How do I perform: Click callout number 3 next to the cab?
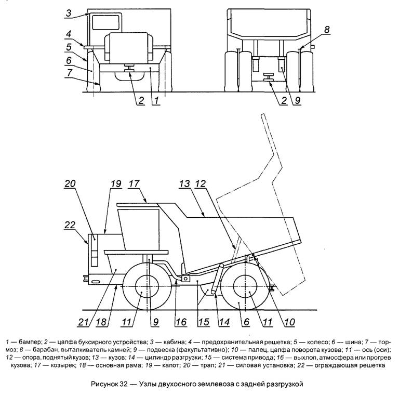pyautogui.click(x=68, y=14)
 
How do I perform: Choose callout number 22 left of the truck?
pyautogui.click(x=70, y=225)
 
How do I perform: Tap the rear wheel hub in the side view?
pyautogui.click(x=244, y=286)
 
